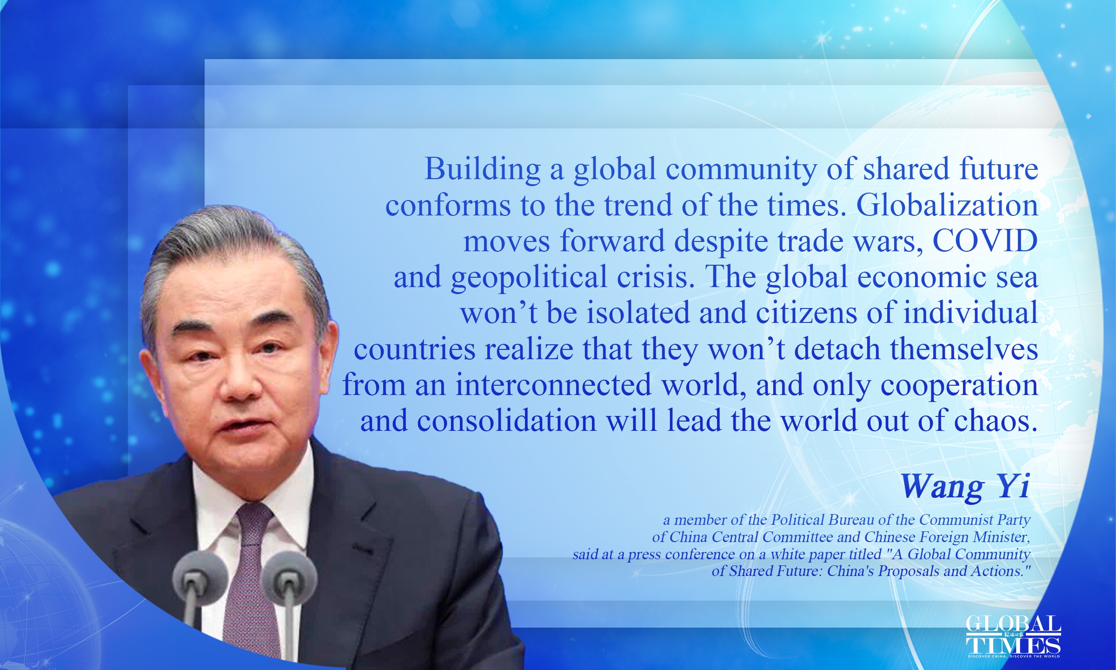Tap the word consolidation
507,421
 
